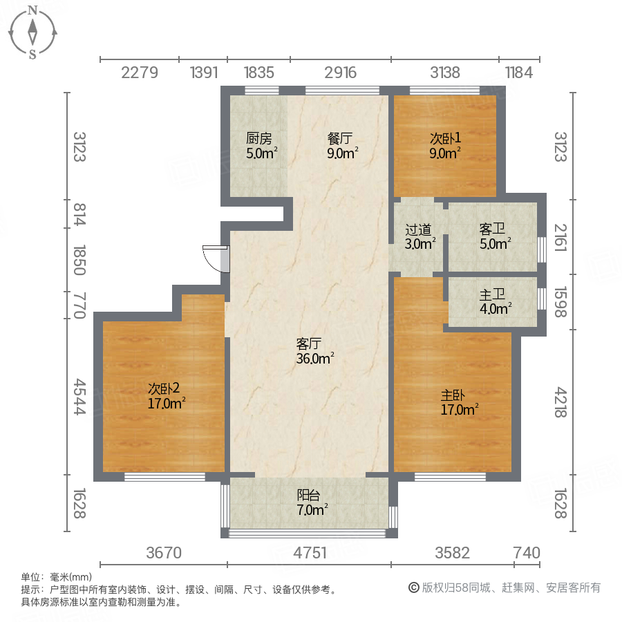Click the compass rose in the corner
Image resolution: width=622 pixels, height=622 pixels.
[32, 32]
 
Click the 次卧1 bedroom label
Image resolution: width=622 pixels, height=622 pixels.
[444, 137]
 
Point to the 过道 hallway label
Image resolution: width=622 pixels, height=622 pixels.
[418, 229]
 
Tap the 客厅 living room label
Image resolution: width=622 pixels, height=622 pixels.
[309, 343]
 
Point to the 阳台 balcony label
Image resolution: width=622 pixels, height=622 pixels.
[308, 495]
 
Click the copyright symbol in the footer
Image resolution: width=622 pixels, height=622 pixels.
[413, 588]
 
